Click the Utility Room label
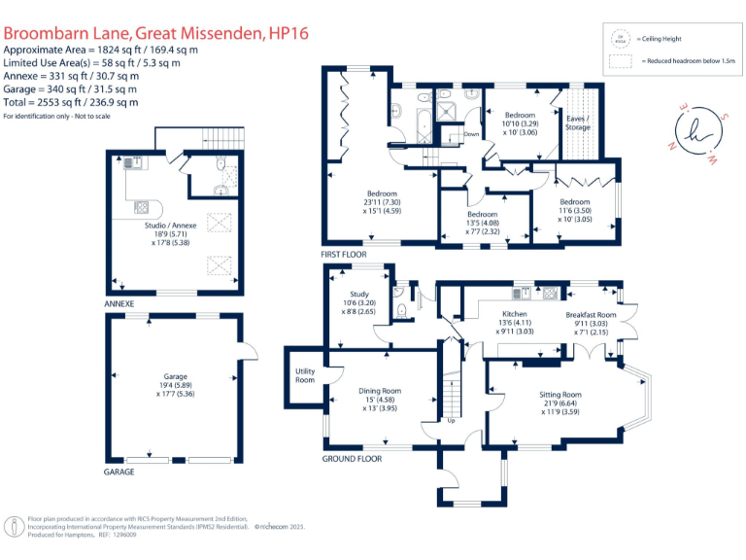305,374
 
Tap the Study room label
359,294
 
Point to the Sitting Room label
559,394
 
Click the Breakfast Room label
592,315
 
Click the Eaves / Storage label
579,122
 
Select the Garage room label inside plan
176,376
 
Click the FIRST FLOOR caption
344,255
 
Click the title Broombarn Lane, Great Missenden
156,33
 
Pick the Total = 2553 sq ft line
70,102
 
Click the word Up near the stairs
450,421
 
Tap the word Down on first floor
471,133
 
